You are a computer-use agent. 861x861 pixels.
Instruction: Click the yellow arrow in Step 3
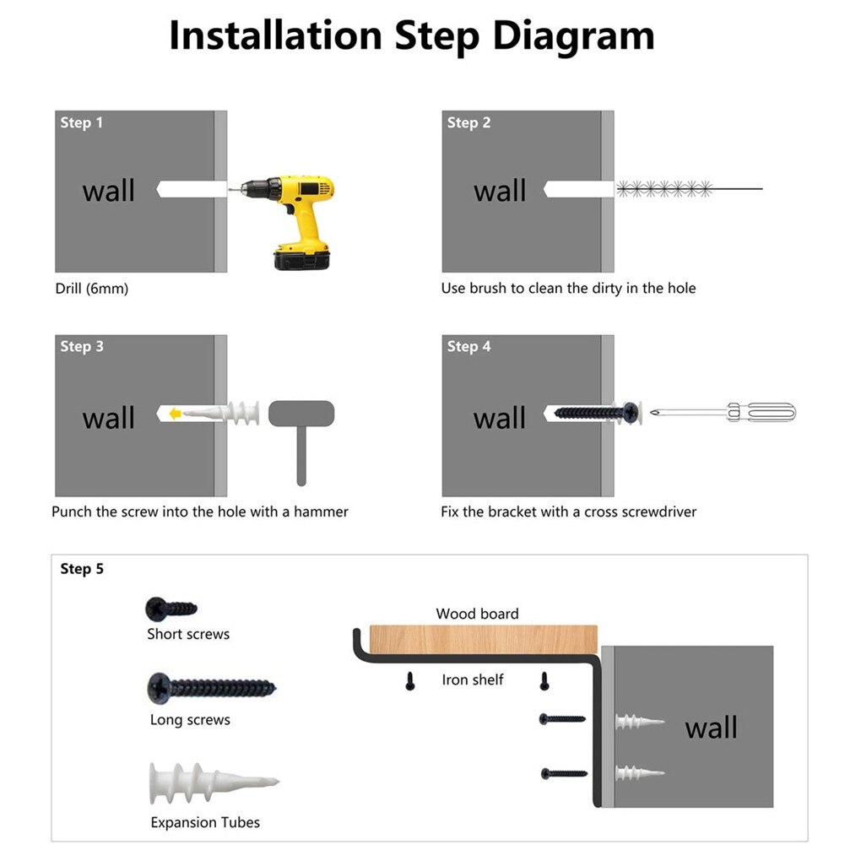[x=173, y=414]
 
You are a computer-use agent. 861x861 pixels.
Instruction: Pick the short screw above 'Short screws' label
[x=171, y=607]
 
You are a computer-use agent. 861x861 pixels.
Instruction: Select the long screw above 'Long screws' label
[x=211, y=687]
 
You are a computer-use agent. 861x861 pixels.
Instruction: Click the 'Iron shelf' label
[x=473, y=680]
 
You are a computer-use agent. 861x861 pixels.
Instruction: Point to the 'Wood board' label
[x=477, y=614]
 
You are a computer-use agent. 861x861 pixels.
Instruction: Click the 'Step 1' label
[x=81, y=123]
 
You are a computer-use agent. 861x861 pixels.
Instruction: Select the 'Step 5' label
[x=82, y=569]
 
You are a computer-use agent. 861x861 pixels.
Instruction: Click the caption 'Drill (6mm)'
[x=92, y=289]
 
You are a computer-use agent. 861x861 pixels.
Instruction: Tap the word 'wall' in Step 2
[x=500, y=191]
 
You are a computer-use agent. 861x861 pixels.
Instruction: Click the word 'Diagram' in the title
[x=573, y=35]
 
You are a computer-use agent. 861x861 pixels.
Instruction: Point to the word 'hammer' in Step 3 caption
[x=321, y=512]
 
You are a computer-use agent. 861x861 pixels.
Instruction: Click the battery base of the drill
[x=301, y=257]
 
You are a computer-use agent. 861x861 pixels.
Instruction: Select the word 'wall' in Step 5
[x=711, y=728]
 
